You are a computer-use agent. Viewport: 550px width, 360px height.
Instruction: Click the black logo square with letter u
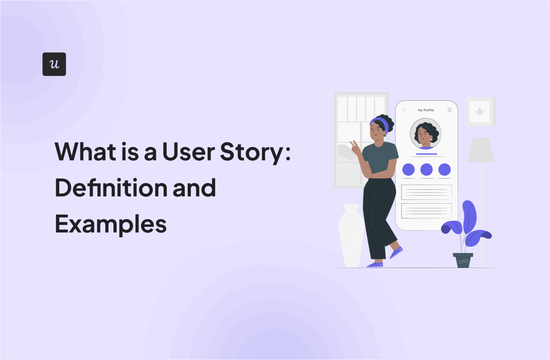pyautogui.click(x=54, y=64)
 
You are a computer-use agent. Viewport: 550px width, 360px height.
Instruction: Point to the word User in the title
pyautogui.click(x=188, y=152)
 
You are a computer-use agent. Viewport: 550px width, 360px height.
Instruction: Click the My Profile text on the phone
pyautogui.click(x=426, y=110)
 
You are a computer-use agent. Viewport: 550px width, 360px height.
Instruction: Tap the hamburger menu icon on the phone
pyautogui.click(x=449, y=110)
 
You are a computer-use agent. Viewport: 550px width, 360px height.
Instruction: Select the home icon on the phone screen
pyautogui.click(x=404, y=110)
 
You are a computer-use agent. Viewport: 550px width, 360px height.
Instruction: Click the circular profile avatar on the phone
pyautogui.click(x=425, y=134)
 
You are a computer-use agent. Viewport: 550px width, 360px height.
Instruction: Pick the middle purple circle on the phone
pyautogui.click(x=426, y=169)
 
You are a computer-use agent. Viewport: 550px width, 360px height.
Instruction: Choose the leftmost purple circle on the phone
pyautogui.click(x=408, y=169)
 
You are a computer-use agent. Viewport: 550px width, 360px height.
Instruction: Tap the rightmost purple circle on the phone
pyautogui.click(x=444, y=169)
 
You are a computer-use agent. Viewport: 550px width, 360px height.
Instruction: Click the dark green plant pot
pyautogui.click(x=463, y=260)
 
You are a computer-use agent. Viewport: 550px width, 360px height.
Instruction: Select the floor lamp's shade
pyautogui.click(x=481, y=150)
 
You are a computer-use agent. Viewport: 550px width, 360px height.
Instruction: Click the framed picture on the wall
pyautogui.click(x=480, y=112)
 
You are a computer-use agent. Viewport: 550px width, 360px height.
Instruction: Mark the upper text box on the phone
pyautogui.click(x=426, y=192)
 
